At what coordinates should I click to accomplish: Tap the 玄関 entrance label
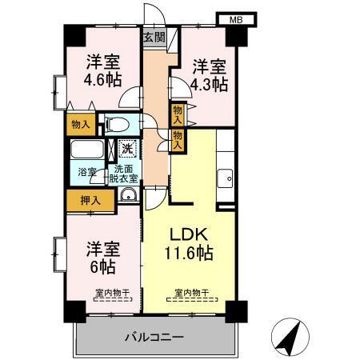click(154, 37)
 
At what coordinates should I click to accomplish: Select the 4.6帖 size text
click(105, 81)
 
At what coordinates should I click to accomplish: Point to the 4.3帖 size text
click(210, 83)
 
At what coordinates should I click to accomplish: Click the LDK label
click(190, 234)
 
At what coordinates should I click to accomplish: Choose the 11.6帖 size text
click(190, 254)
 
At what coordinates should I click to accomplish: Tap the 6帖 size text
click(102, 266)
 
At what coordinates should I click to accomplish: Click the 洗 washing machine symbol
click(127, 148)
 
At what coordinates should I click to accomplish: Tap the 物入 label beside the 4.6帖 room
click(80, 124)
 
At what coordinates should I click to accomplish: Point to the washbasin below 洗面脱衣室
click(128, 196)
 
